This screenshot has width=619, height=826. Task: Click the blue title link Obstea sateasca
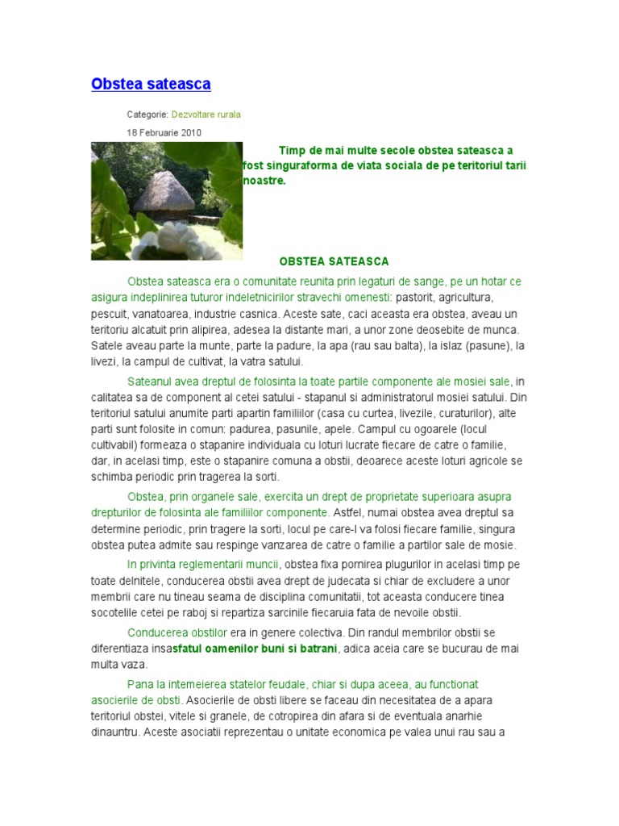tap(151, 84)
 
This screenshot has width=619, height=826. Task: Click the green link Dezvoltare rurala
tap(206, 115)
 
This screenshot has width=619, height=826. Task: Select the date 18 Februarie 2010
tap(164, 133)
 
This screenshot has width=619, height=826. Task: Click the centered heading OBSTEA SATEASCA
tap(334, 261)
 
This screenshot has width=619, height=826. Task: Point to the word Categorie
tap(147, 115)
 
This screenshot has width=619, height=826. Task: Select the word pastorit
tap(416, 298)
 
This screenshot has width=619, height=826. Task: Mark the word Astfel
tap(348, 512)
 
